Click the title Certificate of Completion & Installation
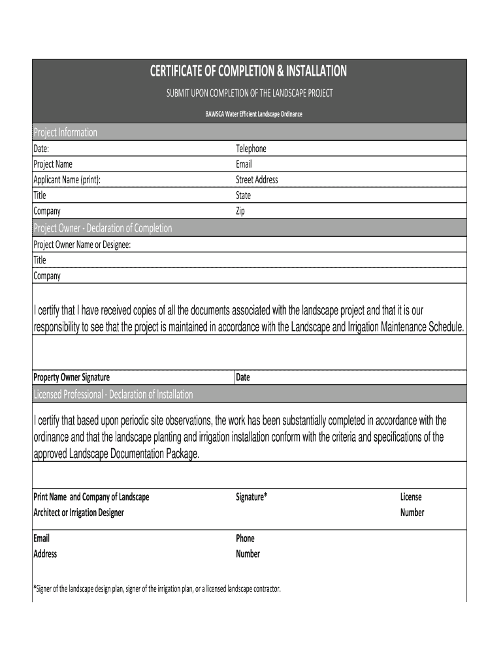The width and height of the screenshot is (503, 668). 249,71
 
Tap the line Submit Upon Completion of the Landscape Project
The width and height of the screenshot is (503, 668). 249,93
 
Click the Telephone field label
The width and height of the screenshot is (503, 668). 251,149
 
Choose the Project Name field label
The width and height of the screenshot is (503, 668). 53,164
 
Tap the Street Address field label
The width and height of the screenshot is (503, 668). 257,180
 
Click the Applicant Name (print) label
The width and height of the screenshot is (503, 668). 67,180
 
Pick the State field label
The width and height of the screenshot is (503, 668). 243,196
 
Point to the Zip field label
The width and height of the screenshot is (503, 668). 240,211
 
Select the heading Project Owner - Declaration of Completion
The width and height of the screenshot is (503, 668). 103,228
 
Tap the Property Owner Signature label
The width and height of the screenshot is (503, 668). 71,378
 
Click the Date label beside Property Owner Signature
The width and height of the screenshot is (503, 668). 243,378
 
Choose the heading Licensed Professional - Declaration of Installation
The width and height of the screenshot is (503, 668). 113,395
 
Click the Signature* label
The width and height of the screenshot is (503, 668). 252,497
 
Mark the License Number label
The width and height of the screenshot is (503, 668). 412,504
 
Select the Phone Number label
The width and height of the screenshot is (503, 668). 248,546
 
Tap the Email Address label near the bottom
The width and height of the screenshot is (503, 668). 45,546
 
